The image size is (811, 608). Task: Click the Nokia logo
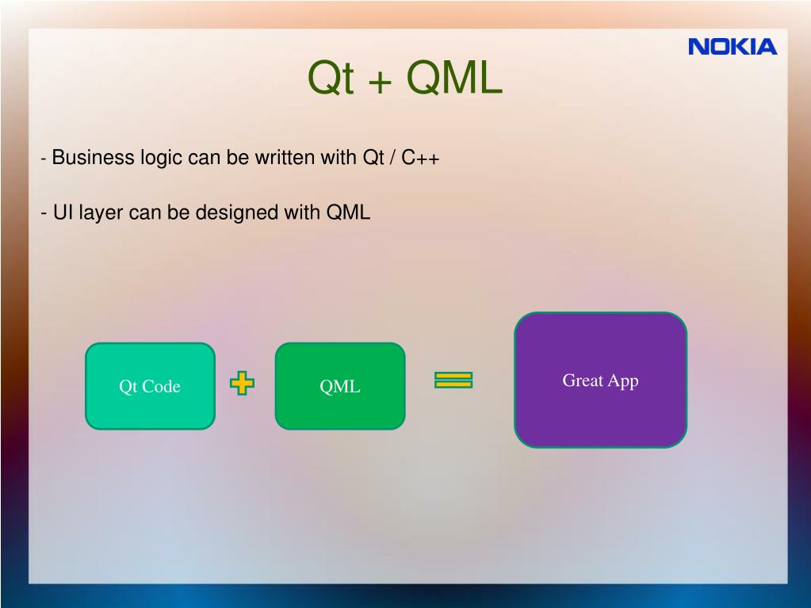733,47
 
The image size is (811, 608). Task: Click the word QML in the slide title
454,78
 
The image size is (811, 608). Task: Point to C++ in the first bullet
420,158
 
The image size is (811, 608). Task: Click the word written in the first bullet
285,158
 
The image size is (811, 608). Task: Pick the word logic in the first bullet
162,158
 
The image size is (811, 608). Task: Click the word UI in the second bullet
63,212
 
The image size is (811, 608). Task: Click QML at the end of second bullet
348,212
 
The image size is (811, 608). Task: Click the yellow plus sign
242,384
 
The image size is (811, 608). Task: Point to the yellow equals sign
453,380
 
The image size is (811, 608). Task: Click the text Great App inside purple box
600,380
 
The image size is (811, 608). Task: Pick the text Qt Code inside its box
150,386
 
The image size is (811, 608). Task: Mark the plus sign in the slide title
381,81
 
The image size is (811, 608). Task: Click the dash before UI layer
44,213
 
